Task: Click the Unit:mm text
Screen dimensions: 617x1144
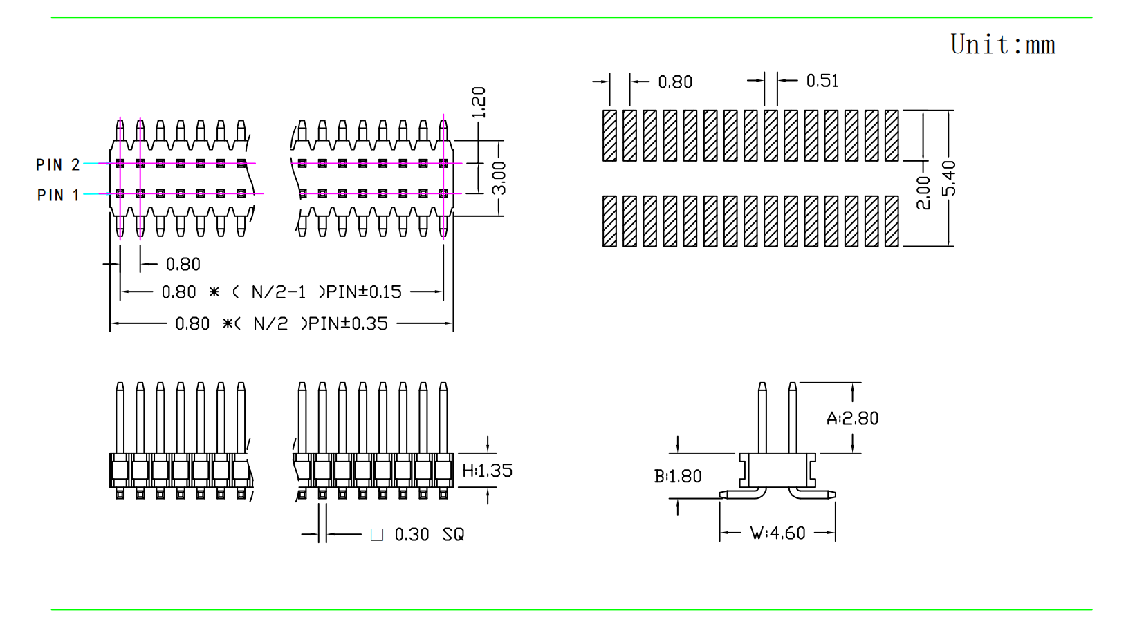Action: (x=1002, y=45)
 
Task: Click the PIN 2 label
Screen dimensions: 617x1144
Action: (x=58, y=164)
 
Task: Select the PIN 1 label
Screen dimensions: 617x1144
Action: (x=58, y=195)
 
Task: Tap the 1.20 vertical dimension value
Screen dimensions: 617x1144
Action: (x=479, y=102)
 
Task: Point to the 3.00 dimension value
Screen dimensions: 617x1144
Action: (x=499, y=178)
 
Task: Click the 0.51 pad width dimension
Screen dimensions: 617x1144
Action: (x=822, y=81)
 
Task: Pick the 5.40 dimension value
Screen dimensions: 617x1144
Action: (x=950, y=178)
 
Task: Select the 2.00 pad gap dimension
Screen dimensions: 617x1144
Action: (x=923, y=192)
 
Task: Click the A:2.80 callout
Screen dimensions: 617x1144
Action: (x=852, y=418)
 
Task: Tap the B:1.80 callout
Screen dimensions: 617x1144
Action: (x=678, y=476)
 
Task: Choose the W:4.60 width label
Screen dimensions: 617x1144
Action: (x=778, y=533)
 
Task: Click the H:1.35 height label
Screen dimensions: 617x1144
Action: (x=488, y=471)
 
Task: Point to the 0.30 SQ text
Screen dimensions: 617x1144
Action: (x=429, y=535)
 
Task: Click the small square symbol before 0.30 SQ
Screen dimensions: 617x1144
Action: (x=377, y=535)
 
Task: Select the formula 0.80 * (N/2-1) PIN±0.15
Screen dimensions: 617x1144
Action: (x=282, y=292)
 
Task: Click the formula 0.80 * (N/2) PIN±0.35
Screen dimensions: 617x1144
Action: (x=282, y=323)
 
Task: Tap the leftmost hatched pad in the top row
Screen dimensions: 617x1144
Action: (x=609, y=135)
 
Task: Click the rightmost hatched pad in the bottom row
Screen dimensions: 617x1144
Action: (x=892, y=221)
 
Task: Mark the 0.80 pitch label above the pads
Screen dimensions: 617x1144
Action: (x=675, y=82)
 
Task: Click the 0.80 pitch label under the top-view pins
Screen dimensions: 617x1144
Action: (x=183, y=264)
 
